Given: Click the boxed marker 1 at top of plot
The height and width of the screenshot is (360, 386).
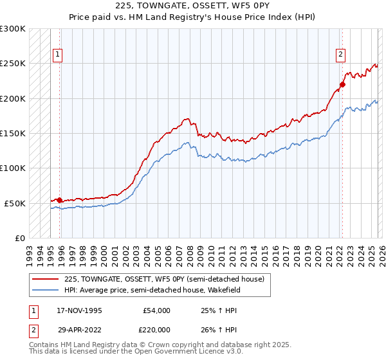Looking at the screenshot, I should point(58,55).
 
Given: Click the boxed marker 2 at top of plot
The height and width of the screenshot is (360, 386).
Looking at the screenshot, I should point(340,55).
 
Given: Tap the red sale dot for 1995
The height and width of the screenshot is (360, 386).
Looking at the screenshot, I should point(60,200).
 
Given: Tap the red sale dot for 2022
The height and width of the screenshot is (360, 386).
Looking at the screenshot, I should point(342,84).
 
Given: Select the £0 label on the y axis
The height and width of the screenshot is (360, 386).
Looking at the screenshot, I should point(18,238).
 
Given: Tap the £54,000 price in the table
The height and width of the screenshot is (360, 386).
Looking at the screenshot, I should point(156,310).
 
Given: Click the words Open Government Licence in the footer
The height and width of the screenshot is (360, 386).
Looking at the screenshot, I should point(187,353).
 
